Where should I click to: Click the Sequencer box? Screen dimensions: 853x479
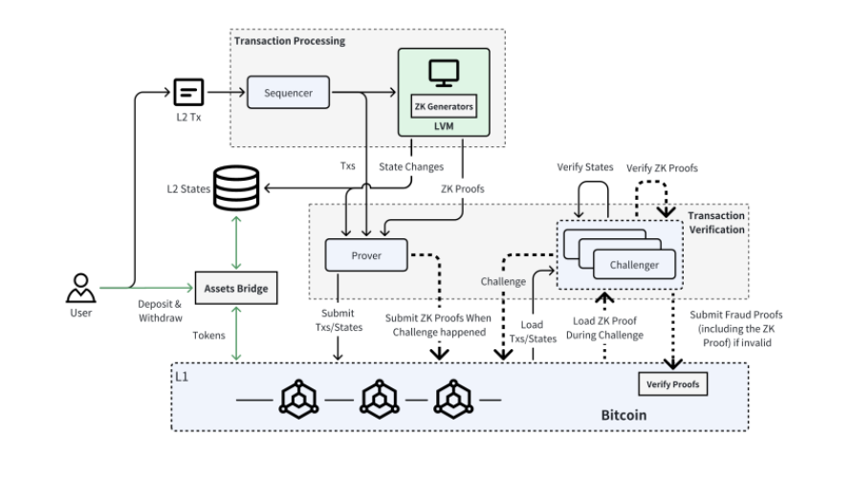point(289,93)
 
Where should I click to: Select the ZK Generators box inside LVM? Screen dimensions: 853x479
point(444,106)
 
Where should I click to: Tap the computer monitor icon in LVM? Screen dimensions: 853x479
point(444,73)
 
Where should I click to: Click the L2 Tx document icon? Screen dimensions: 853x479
point(188,92)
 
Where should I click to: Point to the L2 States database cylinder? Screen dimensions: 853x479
point(236,188)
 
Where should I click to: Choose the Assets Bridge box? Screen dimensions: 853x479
point(236,288)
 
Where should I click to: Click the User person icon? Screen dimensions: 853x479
point(81,288)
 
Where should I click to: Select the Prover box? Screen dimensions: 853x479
point(366,255)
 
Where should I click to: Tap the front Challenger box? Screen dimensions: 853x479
point(634,265)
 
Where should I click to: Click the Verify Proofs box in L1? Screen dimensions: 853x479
point(673,384)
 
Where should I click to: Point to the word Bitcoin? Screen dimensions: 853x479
point(624,415)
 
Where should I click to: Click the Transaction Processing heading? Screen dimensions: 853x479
point(290,41)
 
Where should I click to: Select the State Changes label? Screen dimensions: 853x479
point(411,167)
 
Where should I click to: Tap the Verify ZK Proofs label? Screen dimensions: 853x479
point(662,168)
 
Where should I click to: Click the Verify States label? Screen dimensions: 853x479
point(585,167)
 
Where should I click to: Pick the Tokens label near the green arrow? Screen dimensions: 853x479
point(208,336)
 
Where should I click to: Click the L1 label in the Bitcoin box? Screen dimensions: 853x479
point(182,377)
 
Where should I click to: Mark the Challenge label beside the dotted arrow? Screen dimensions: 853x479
point(503,282)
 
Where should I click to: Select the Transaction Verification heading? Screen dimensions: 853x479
point(716,223)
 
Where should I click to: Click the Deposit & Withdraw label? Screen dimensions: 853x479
point(160,311)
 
